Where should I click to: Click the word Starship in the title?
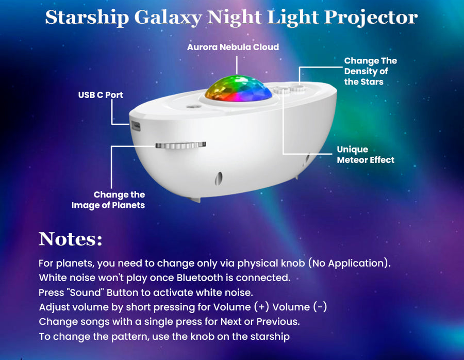87,18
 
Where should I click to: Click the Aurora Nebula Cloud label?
233,47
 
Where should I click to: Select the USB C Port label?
101,95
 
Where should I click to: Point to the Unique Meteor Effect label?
366,155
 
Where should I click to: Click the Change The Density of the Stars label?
371,71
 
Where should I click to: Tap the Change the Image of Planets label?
108,200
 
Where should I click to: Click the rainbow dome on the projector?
239,88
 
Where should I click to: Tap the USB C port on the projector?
136,125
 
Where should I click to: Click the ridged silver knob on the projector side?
180,145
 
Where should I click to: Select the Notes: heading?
71,239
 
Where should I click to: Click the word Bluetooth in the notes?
200,277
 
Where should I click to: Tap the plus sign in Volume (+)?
261,307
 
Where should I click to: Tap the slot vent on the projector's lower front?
219,178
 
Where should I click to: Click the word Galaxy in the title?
168,18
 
